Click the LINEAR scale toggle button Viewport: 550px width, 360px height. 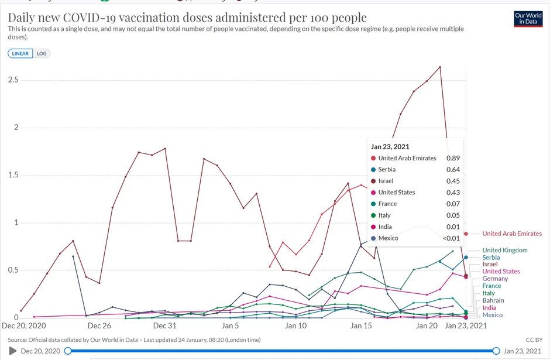coord(20,53)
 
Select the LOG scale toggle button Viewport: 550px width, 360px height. coord(42,53)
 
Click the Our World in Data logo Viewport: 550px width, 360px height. coord(528,19)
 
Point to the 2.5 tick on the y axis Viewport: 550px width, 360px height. coord(14,80)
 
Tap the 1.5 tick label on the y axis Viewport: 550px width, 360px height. coord(14,175)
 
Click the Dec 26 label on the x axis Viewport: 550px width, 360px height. coord(99,325)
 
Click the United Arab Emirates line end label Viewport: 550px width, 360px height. coord(512,234)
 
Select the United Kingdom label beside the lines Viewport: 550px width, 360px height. coord(504,250)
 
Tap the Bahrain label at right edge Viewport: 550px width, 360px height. coord(493,300)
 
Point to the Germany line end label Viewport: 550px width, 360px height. coord(495,279)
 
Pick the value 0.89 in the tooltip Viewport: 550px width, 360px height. coord(453,158)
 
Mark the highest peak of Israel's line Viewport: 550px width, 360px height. coord(440,67)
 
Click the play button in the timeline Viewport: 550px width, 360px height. coord(13,351)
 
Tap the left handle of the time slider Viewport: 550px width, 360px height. coord(68,351)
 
